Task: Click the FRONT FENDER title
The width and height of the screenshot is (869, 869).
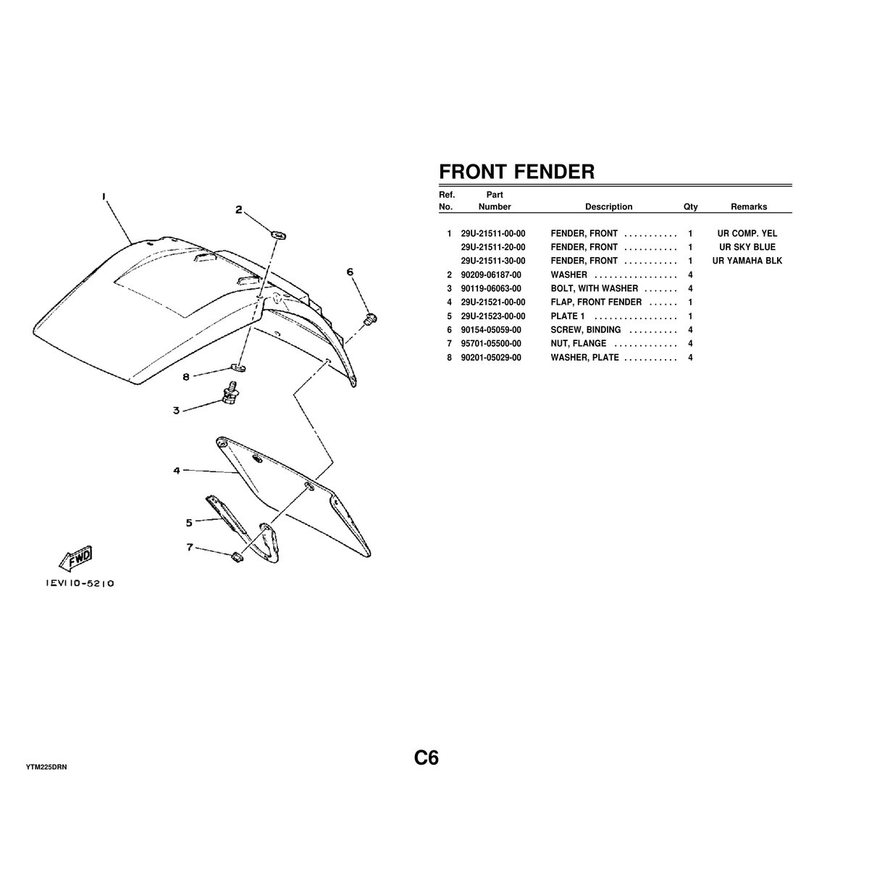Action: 516,172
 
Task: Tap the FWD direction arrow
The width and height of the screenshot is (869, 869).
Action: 76,558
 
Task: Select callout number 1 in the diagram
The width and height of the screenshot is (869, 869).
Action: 104,196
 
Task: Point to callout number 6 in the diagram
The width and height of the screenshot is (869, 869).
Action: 350,272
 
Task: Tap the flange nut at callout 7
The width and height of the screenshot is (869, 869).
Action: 235,557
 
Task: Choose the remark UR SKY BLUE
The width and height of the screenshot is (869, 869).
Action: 747,248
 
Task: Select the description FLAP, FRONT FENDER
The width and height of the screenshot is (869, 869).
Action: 596,302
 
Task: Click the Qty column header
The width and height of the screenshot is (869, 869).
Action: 690,206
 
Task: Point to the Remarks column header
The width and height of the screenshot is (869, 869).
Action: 748,206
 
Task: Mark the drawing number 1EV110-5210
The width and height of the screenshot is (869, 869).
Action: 75,583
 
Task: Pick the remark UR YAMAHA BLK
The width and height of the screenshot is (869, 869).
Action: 747,261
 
